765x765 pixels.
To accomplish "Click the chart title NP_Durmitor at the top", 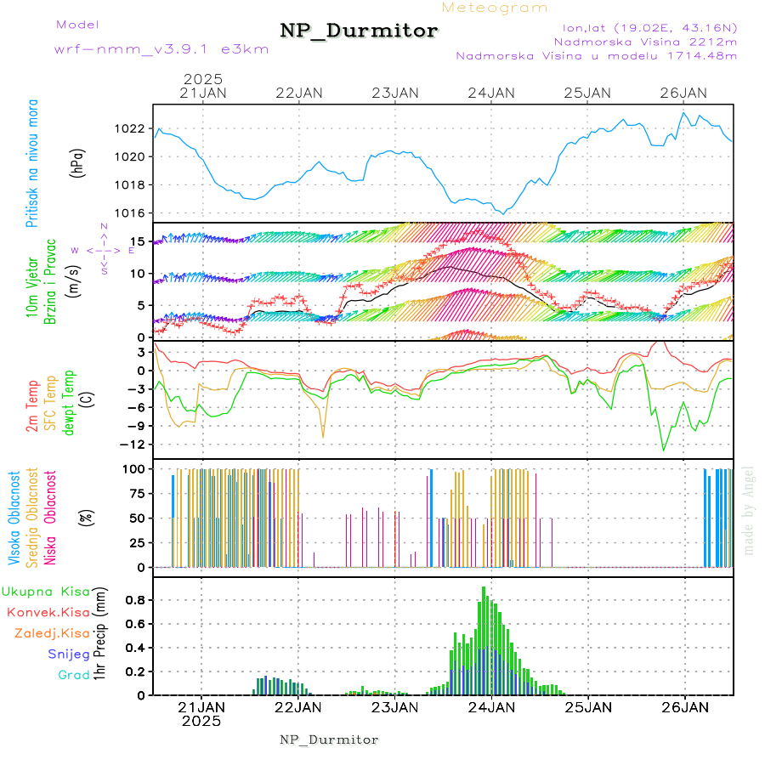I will click(359, 31).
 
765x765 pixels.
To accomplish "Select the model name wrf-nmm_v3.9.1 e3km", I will click(161, 48).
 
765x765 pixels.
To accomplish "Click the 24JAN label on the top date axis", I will click(491, 93).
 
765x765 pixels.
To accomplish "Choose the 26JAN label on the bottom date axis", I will click(684, 707).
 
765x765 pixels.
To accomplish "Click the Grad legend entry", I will click(73, 675).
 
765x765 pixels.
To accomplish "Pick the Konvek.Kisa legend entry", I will click(48, 612).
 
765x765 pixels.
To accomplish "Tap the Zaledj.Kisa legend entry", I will click(52, 632).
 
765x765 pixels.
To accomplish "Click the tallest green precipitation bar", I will click(484, 637).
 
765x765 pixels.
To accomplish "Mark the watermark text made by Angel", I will click(749, 510).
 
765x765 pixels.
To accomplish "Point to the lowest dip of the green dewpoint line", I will click(665, 450).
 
